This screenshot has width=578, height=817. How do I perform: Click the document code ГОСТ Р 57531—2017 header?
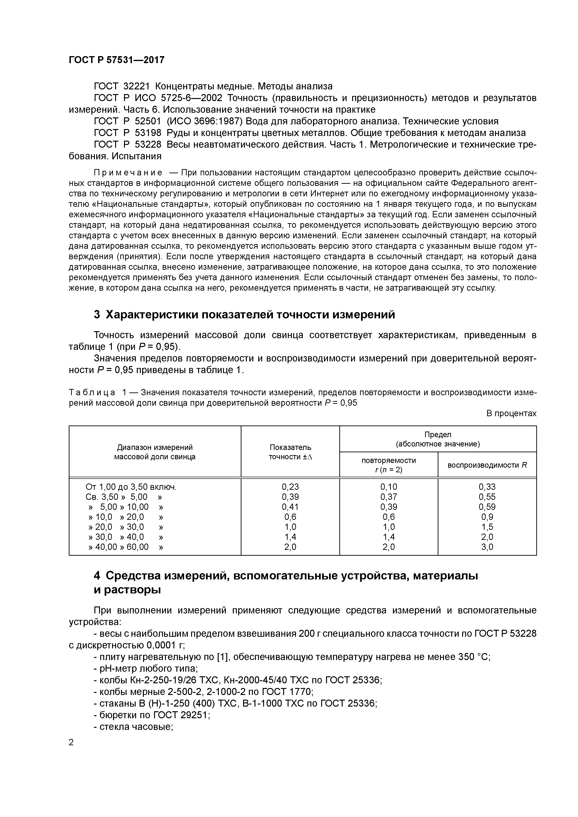point(117,60)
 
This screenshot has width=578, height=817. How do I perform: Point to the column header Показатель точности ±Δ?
point(290,452)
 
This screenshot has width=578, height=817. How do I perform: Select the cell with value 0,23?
point(290,487)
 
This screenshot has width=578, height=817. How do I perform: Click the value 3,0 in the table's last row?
point(487,547)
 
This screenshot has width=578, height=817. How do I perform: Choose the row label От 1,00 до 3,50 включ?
point(131,487)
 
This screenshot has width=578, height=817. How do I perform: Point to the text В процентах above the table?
point(511,413)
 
